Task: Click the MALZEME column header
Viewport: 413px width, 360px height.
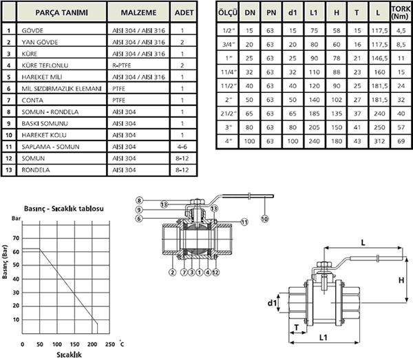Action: click(x=138, y=12)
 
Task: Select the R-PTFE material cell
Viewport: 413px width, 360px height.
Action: click(x=121, y=65)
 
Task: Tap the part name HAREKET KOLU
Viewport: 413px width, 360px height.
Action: click(x=44, y=135)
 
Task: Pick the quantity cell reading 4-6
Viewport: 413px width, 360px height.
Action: click(x=182, y=147)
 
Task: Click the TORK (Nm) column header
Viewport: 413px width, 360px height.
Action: click(x=401, y=12)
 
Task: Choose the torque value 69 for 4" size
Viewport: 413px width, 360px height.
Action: click(x=401, y=141)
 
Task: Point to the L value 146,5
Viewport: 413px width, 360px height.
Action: click(x=379, y=59)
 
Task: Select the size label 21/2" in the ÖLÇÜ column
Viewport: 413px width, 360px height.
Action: click(x=229, y=114)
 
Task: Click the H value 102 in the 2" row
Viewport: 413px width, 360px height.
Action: click(x=337, y=100)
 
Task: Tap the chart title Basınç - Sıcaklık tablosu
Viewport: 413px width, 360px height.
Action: click(x=64, y=209)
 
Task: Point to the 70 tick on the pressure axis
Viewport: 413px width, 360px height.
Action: click(x=16, y=238)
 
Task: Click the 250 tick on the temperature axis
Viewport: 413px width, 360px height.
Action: click(x=110, y=344)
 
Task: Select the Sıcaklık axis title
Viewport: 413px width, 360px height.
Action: click(x=69, y=354)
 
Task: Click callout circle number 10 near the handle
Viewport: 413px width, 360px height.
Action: click(x=265, y=219)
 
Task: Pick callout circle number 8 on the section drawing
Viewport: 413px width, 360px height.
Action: click(x=139, y=200)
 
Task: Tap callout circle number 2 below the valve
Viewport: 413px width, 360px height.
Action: click(x=172, y=272)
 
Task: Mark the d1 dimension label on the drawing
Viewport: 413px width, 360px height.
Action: click(x=272, y=303)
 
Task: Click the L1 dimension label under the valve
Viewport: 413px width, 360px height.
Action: click(x=324, y=337)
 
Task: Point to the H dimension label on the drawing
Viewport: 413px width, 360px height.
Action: click(x=401, y=280)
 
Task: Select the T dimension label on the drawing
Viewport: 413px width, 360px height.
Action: click(x=297, y=328)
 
